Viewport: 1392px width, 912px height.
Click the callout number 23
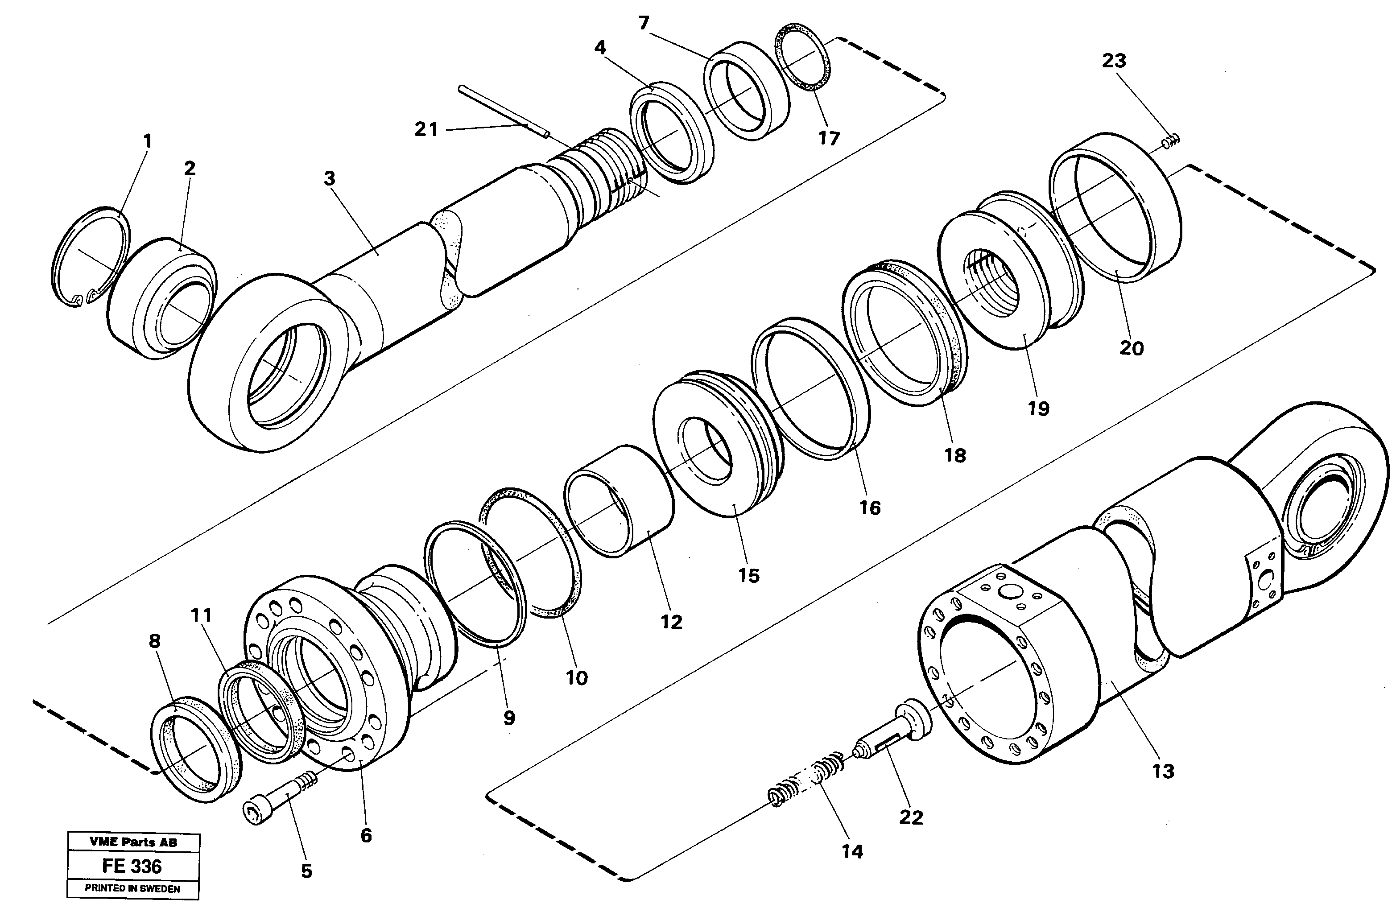pyautogui.click(x=1114, y=61)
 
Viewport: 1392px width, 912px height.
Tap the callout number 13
pyautogui.click(x=1163, y=771)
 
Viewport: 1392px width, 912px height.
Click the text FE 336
pyautogui.click(x=132, y=867)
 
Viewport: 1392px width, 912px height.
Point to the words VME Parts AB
pyautogui.click(x=133, y=842)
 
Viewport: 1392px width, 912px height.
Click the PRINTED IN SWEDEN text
pyautogui.click(x=133, y=888)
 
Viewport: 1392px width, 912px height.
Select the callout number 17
pyautogui.click(x=829, y=139)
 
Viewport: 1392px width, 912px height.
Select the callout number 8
pyautogui.click(x=154, y=641)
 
